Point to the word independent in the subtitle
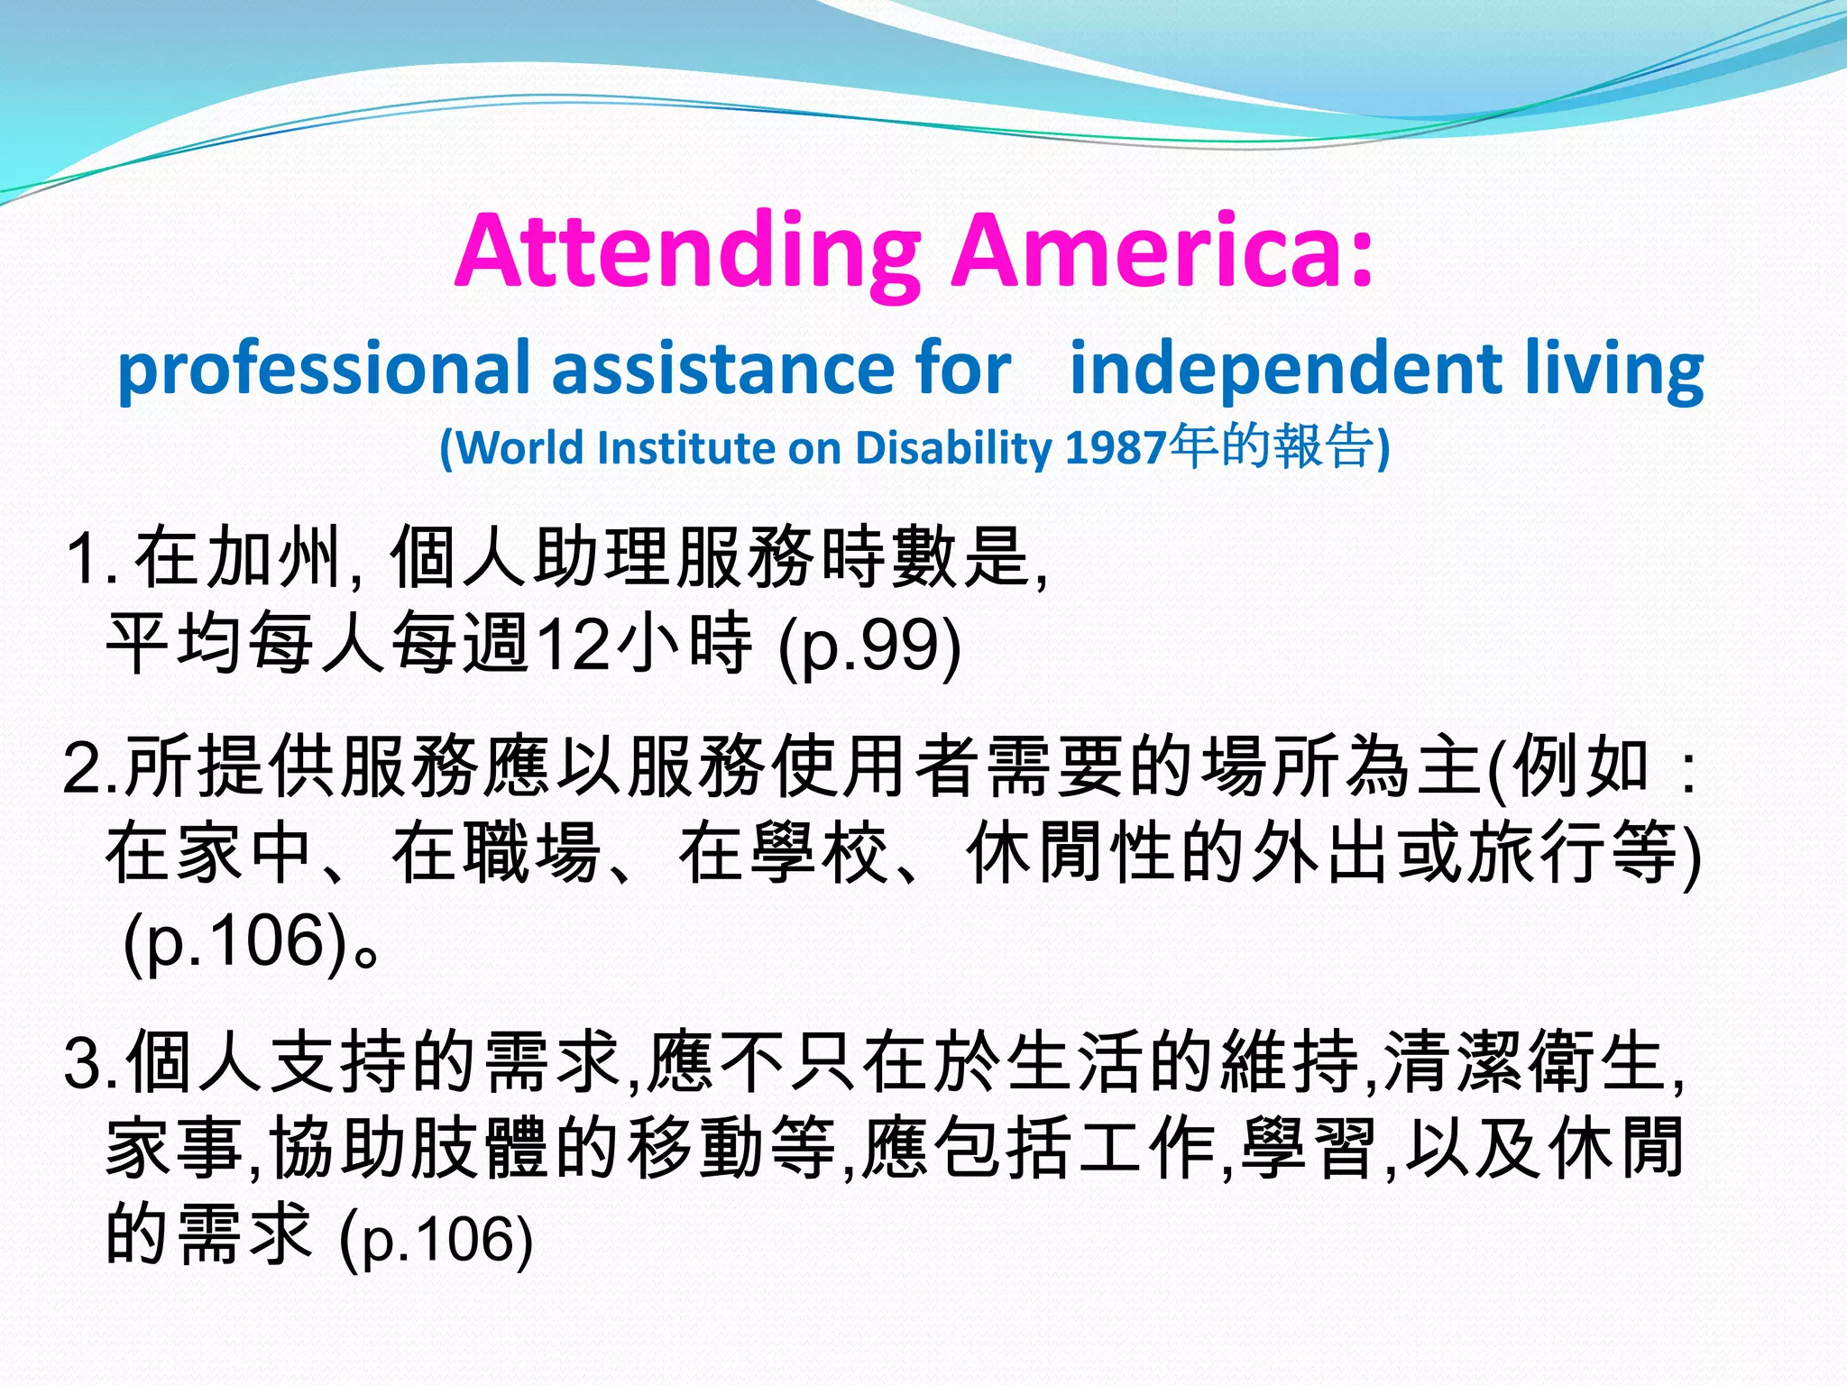[1284, 370]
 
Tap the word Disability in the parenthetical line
[953, 448]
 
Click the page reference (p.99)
[869, 646]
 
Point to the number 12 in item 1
[574, 644]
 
